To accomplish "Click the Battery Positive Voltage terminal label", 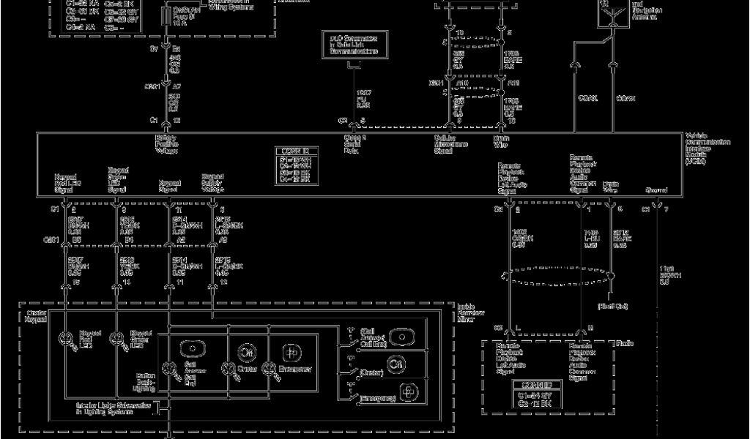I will (166, 144).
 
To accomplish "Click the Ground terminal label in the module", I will (656, 190).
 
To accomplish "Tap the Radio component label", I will (625, 343).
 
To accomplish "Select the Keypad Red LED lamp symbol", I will (65, 337).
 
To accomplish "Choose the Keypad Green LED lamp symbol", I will (115, 337).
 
